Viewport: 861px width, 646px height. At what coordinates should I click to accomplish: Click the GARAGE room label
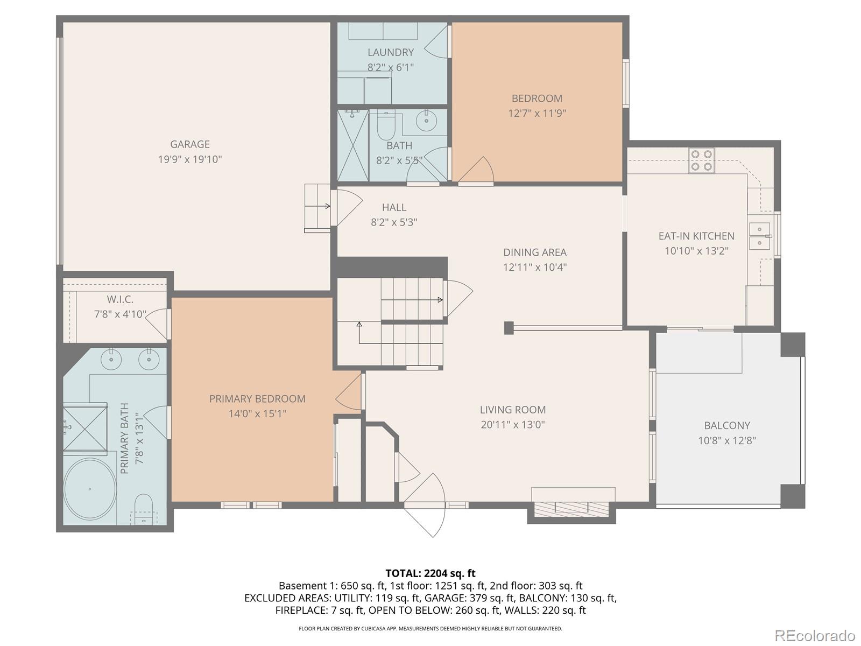click(x=190, y=144)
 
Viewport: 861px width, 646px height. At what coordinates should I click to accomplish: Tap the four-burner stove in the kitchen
click(x=701, y=160)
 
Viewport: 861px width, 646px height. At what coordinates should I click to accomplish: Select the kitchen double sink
click(x=759, y=236)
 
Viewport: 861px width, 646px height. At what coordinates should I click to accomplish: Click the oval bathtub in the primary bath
click(x=90, y=489)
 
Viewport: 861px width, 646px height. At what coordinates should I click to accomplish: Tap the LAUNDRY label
click(x=391, y=53)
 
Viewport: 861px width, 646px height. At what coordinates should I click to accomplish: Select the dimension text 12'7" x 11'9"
click(x=537, y=114)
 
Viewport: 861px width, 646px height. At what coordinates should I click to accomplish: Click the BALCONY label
click(x=727, y=426)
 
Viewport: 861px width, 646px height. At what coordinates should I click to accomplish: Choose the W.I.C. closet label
click(x=120, y=300)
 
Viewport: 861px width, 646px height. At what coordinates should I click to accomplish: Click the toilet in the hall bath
click(x=386, y=125)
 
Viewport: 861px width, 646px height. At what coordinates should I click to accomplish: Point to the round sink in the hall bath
click(x=426, y=121)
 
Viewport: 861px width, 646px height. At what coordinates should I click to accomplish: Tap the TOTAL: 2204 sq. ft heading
click(x=430, y=573)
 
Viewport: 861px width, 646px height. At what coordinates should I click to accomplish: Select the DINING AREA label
click(x=535, y=252)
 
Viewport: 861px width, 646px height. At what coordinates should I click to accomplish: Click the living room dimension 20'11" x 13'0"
click(x=513, y=425)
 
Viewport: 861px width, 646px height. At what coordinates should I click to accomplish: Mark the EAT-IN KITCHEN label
click(x=697, y=236)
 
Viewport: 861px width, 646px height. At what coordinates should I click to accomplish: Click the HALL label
click(x=394, y=207)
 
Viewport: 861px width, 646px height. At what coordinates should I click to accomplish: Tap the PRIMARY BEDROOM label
click(x=257, y=399)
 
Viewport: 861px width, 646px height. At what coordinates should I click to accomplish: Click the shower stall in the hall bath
click(x=353, y=145)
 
